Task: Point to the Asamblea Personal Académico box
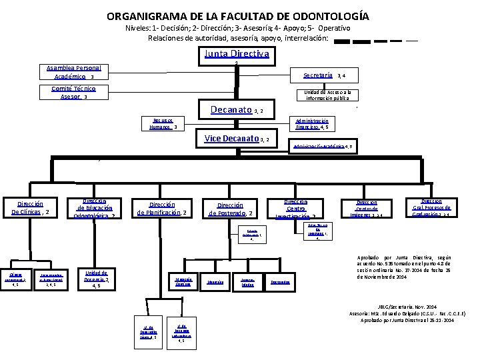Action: click(75, 72)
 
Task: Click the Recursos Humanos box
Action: click(163, 123)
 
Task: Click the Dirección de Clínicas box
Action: click(33, 208)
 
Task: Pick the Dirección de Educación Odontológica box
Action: click(95, 207)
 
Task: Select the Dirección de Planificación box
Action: click(162, 209)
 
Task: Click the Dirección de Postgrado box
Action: click(230, 209)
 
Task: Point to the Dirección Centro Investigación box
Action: click(295, 208)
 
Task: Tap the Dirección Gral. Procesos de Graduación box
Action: click(431, 207)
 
